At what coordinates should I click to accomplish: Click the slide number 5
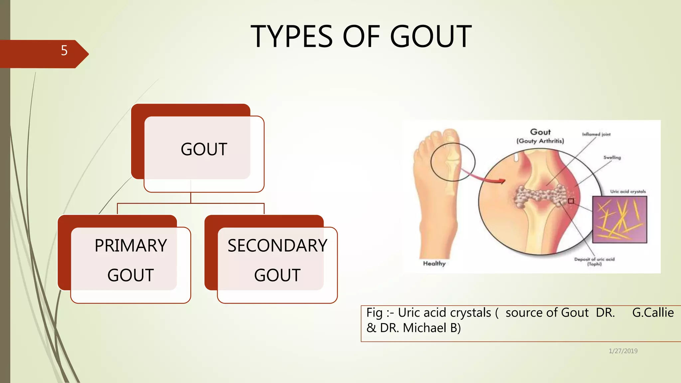click(64, 51)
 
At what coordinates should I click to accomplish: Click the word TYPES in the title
click(291, 37)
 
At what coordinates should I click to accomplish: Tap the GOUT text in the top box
click(204, 149)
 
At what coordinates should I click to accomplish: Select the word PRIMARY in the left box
click(131, 246)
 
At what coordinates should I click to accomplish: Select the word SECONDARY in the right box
click(277, 246)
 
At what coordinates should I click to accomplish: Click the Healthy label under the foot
click(434, 263)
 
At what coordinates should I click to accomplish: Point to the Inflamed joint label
click(596, 134)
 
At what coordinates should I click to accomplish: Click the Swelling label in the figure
click(612, 158)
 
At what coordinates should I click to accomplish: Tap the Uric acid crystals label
click(627, 191)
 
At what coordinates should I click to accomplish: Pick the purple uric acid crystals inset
click(619, 219)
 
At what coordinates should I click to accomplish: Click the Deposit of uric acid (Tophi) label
click(594, 261)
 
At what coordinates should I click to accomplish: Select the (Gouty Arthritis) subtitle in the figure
click(540, 141)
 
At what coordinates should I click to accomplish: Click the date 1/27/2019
click(623, 351)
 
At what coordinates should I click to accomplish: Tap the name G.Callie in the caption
click(653, 313)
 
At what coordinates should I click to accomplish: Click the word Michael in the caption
click(425, 328)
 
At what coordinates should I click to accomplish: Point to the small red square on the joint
click(571, 201)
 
